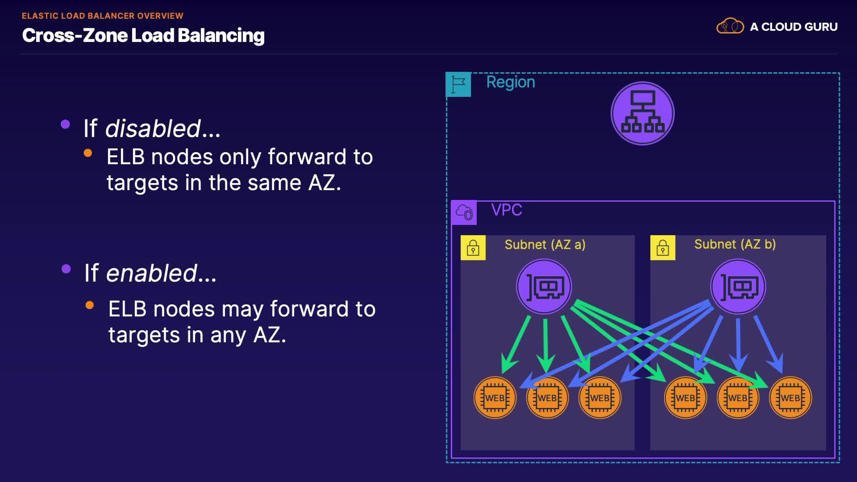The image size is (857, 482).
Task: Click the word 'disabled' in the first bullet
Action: pyautogui.click(x=153, y=129)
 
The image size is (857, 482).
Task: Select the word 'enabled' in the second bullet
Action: pyautogui.click(x=152, y=273)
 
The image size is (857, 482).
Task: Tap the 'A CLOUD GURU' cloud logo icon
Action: pyautogui.click(x=730, y=26)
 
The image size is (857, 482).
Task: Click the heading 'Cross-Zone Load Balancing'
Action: pyautogui.click(x=143, y=36)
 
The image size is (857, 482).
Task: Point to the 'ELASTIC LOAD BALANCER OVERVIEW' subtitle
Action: pyautogui.click(x=103, y=16)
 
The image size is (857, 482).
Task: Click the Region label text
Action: pyautogui.click(x=511, y=82)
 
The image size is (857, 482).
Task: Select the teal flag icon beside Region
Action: pyautogui.click(x=458, y=84)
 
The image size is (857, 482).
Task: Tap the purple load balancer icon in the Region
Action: pyautogui.click(x=642, y=113)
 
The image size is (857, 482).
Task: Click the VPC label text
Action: pyautogui.click(x=507, y=210)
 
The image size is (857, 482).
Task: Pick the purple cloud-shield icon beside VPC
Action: pyautogui.click(x=464, y=212)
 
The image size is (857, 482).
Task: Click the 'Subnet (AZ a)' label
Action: pyautogui.click(x=545, y=245)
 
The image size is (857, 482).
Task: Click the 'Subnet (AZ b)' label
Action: pyautogui.click(x=735, y=244)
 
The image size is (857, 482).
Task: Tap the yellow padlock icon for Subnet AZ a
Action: pyautogui.click(x=473, y=248)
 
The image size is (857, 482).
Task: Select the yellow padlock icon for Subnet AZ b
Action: pyautogui.click(x=663, y=248)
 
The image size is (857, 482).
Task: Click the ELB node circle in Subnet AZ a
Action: pyautogui.click(x=544, y=287)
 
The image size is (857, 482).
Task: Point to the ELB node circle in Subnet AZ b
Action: pyautogui.click(x=738, y=287)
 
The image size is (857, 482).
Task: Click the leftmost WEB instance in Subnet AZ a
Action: pyautogui.click(x=495, y=398)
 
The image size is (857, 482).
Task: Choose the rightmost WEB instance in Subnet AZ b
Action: pyautogui.click(x=790, y=398)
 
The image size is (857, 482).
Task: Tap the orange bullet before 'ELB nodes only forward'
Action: pyautogui.click(x=88, y=153)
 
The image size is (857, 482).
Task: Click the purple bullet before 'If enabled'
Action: pyautogui.click(x=67, y=269)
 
